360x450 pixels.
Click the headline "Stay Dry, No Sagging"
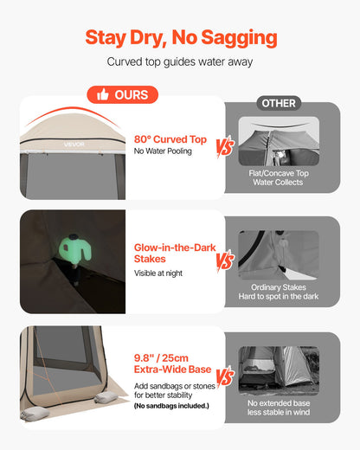(x=181, y=38)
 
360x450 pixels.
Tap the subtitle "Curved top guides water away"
(x=180, y=61)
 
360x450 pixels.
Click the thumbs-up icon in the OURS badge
(x=102, y=94)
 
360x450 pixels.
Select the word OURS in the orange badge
(x=132, y=95)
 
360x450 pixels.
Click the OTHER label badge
(x=279, y=103)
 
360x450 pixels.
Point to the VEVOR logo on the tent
(x=74, y=145)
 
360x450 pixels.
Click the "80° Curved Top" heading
(x=170, y=139)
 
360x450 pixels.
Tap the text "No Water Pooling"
(x=163, y=151)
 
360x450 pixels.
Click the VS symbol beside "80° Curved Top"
(x=225, y=147)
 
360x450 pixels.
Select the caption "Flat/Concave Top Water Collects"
(x=279, y=177)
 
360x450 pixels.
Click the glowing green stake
(x=75, y=248)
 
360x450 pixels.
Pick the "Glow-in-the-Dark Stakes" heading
(x=175, y=253)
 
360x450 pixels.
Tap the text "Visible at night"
(x=158, y=273)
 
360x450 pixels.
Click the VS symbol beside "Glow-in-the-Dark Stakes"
(x=225, y=261)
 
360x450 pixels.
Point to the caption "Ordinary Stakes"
(x=279, y=287)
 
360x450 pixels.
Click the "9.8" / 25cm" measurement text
(x=161, y=358)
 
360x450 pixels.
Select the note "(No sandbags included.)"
(x=171, y=406)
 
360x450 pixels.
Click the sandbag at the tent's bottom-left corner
(x=35, y=415)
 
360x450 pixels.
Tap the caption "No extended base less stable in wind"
(x=279, y=408)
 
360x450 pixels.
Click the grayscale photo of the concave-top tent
(x=279, y=141)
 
